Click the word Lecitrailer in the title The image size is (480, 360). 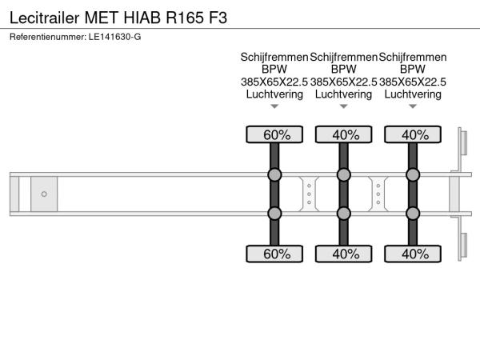45,18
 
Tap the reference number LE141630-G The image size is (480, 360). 114,37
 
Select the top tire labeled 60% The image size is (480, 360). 274,134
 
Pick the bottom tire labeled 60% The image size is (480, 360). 274,254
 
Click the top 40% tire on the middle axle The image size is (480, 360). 344,134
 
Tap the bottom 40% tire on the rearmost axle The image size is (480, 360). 413,254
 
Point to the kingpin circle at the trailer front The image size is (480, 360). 44,194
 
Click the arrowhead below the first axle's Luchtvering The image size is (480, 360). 274,106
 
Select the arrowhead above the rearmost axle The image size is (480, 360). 413,106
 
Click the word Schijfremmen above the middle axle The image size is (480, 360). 343,58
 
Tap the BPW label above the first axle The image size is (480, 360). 274,69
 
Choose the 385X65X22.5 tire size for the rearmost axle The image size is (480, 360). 413,82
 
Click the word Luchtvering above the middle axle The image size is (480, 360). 343,94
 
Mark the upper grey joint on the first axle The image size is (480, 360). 274,174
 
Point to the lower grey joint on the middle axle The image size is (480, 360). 344,214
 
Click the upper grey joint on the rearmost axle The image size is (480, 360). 413,174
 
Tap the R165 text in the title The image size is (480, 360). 185,18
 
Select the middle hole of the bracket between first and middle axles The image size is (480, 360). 309,194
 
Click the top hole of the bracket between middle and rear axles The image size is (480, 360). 378,186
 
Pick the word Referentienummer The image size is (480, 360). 48,37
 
